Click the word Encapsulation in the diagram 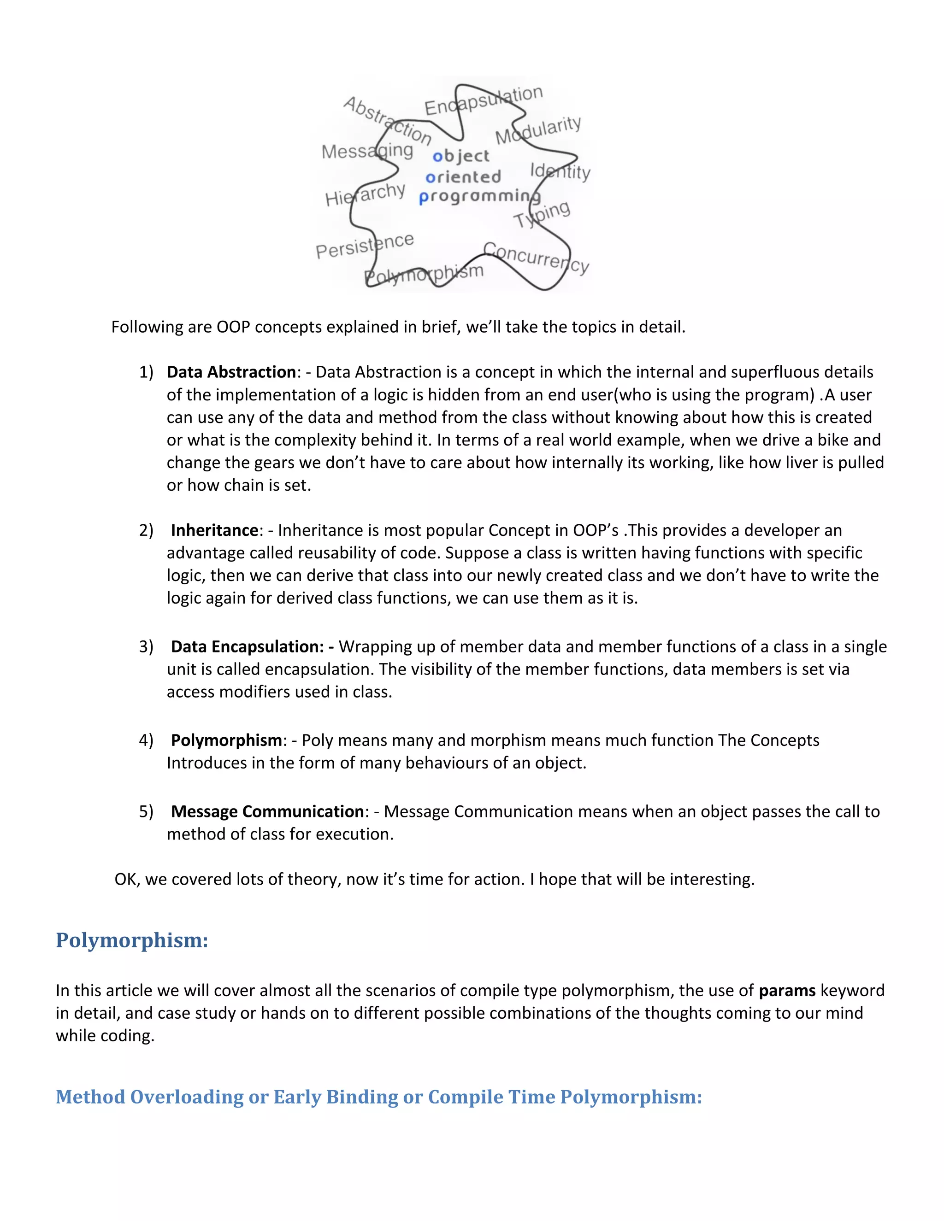(483, 100)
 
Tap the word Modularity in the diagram (538, 130)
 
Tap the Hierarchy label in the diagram (365, 194)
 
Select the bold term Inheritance (215, 530)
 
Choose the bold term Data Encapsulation (247, 647)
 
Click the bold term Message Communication (267, 812)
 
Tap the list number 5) (146, 812)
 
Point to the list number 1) (146, 372)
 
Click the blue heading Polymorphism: (132, 940)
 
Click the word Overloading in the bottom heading (187, 1097)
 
